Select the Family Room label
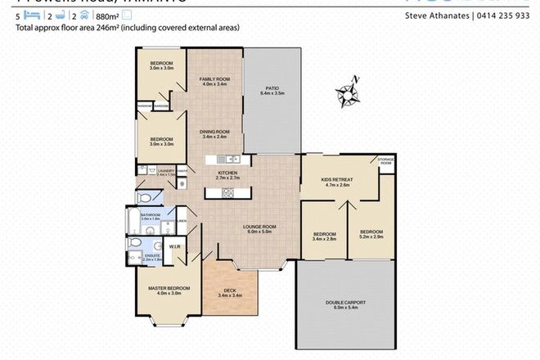[x=214, y=81]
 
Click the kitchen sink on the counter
[x=232, y=159]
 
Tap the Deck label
[x=230, y=293]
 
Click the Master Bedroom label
[x=169, y=290]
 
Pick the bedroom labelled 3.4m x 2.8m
[x=325, y=236]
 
